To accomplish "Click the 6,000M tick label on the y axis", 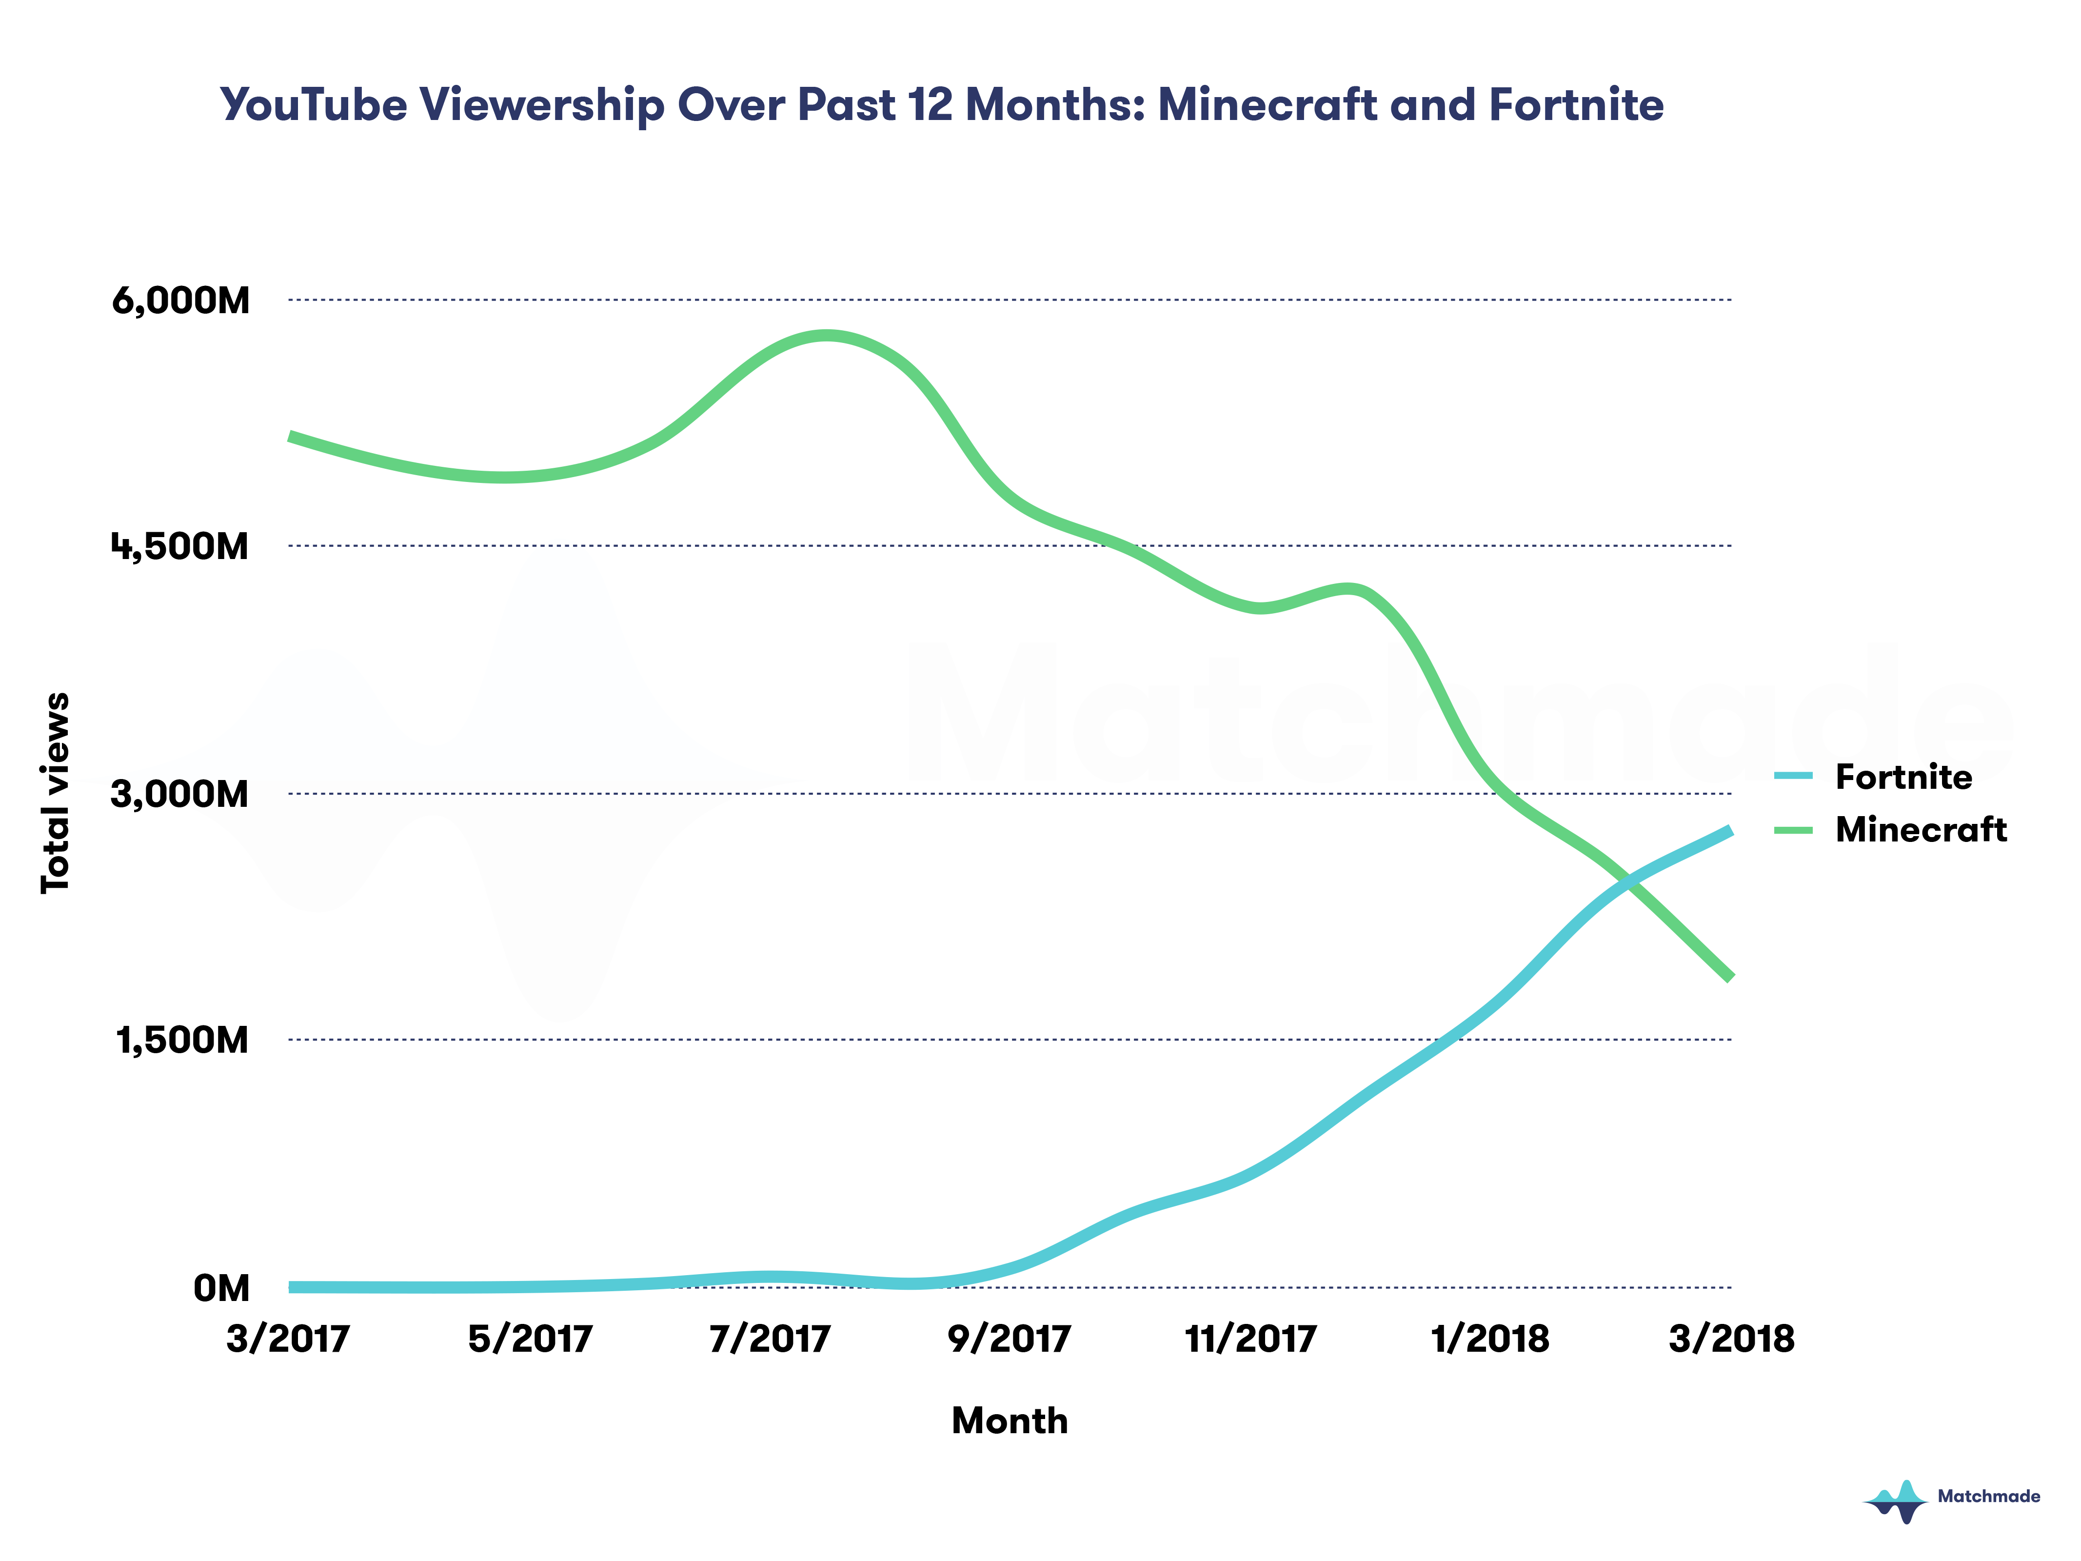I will [180, 301].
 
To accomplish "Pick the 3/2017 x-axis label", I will [288, 1339].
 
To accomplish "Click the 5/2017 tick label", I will [530, 1339].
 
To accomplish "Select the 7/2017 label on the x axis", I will [770, 1339].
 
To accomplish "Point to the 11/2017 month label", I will [1250, 1339].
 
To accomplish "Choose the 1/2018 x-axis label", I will [1490, 1339].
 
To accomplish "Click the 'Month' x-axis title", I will [1010, 1421].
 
